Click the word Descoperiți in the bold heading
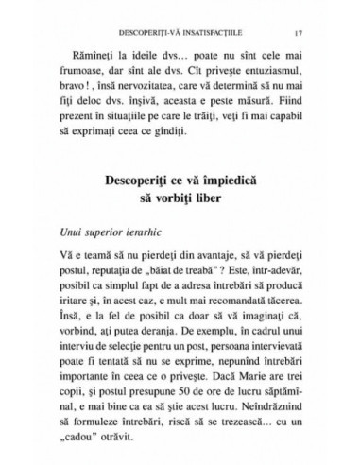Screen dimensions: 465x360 pyautogui.click(x=133, y=179)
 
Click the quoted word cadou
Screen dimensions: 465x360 pyautogui.click(x=89, y=446)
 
